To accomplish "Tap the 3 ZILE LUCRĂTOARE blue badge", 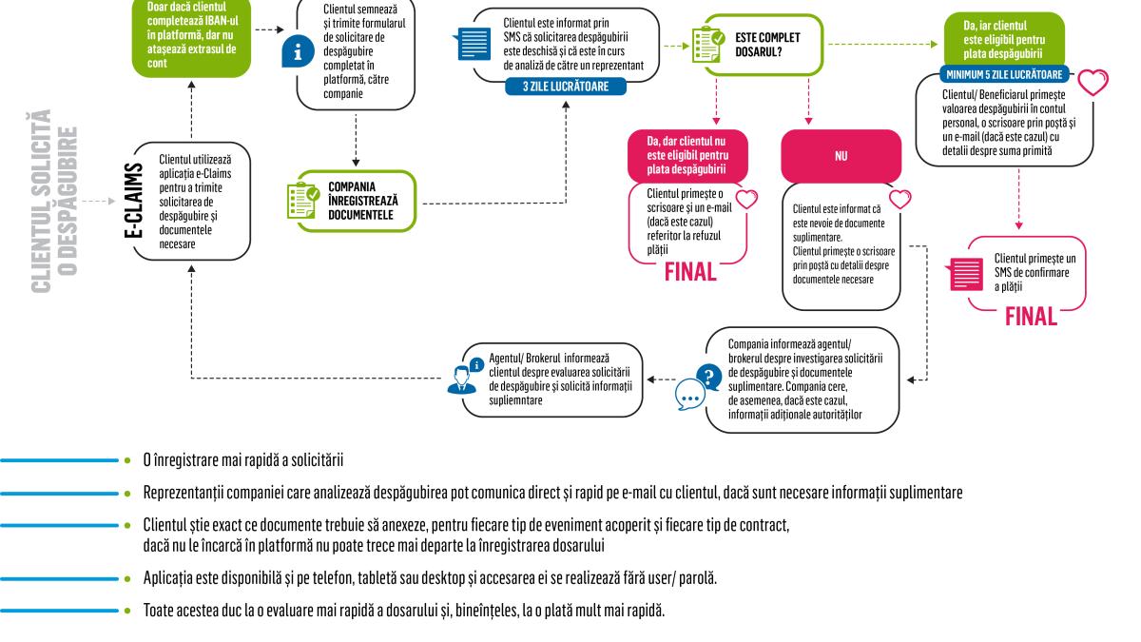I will (x=567, y=86).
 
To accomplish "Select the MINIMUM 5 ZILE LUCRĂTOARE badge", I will (x=1003, y=73).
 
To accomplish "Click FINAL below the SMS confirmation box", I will (x=1032, y=315).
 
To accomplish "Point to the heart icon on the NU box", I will (x=895, y=197).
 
